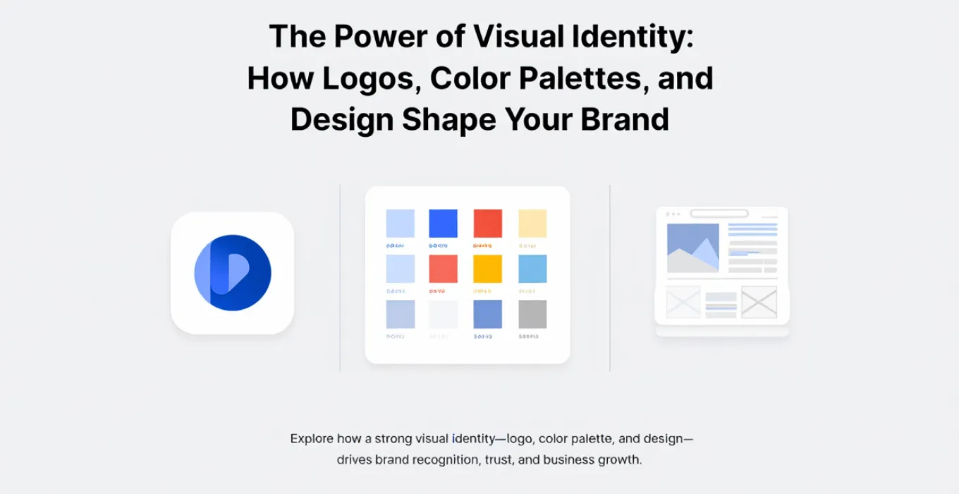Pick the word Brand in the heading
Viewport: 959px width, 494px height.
[x=625, y=119]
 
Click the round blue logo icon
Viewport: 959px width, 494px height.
[x=233, y=273]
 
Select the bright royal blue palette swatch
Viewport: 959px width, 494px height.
[x=443, y=223]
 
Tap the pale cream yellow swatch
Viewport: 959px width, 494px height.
[x=532, y=223]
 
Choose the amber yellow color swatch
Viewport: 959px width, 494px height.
[x=487, y=269]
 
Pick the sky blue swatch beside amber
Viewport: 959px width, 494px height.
[x=532, y=269]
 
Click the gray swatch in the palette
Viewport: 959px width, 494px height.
[x=532, y=314]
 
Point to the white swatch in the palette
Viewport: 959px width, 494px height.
[x=443, y=314]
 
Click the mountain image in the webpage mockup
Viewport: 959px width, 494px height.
[x=692, y=248]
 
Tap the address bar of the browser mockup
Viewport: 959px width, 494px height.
[x=719, y=213]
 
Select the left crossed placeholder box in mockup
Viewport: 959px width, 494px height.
[x=683, y=301]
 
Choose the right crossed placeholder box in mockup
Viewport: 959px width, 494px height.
[x=759, y=301]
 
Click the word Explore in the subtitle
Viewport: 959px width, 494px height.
[x=312, y=439]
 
